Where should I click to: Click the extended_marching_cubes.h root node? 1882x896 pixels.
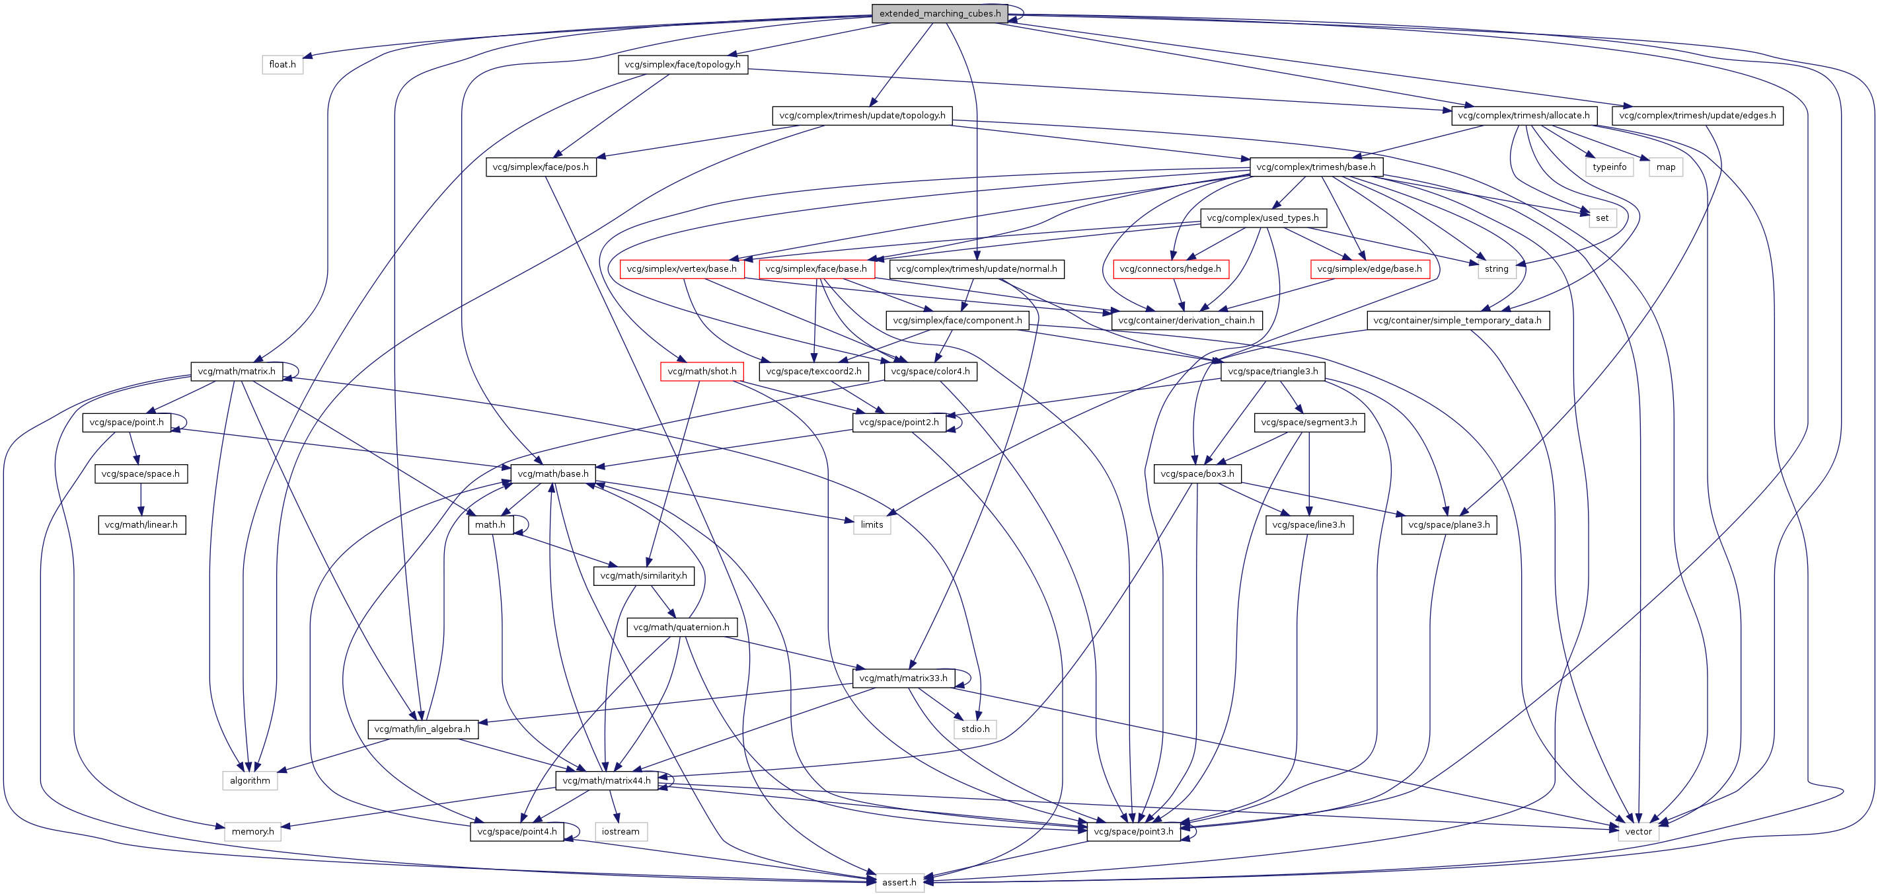(940, 14)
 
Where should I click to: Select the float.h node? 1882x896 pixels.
(282, 64)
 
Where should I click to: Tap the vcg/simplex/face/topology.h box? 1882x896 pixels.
(683, 64)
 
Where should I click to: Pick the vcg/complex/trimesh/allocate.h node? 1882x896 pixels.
(1523, 116)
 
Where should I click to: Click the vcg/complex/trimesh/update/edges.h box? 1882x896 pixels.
(1697, 116)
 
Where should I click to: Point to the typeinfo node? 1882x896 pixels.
(1610, 167)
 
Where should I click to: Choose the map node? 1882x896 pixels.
(1666, 167)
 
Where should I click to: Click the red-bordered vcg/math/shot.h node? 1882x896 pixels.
(701, 371)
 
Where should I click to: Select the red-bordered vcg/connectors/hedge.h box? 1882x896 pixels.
(1170, 269)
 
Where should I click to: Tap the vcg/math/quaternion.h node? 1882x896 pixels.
(681, 627)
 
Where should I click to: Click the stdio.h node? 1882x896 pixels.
(975, 729)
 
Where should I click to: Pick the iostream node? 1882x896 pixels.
(621, 831)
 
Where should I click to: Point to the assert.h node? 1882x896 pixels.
(899, 882)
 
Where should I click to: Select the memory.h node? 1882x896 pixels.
(252, 831)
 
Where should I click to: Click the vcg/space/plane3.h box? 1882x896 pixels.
(1449, 525)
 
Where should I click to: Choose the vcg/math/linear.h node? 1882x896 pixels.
(141, 525)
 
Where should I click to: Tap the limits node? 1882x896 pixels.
(872, 525)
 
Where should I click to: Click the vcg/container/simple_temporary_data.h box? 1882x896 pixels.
(1457, 320)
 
